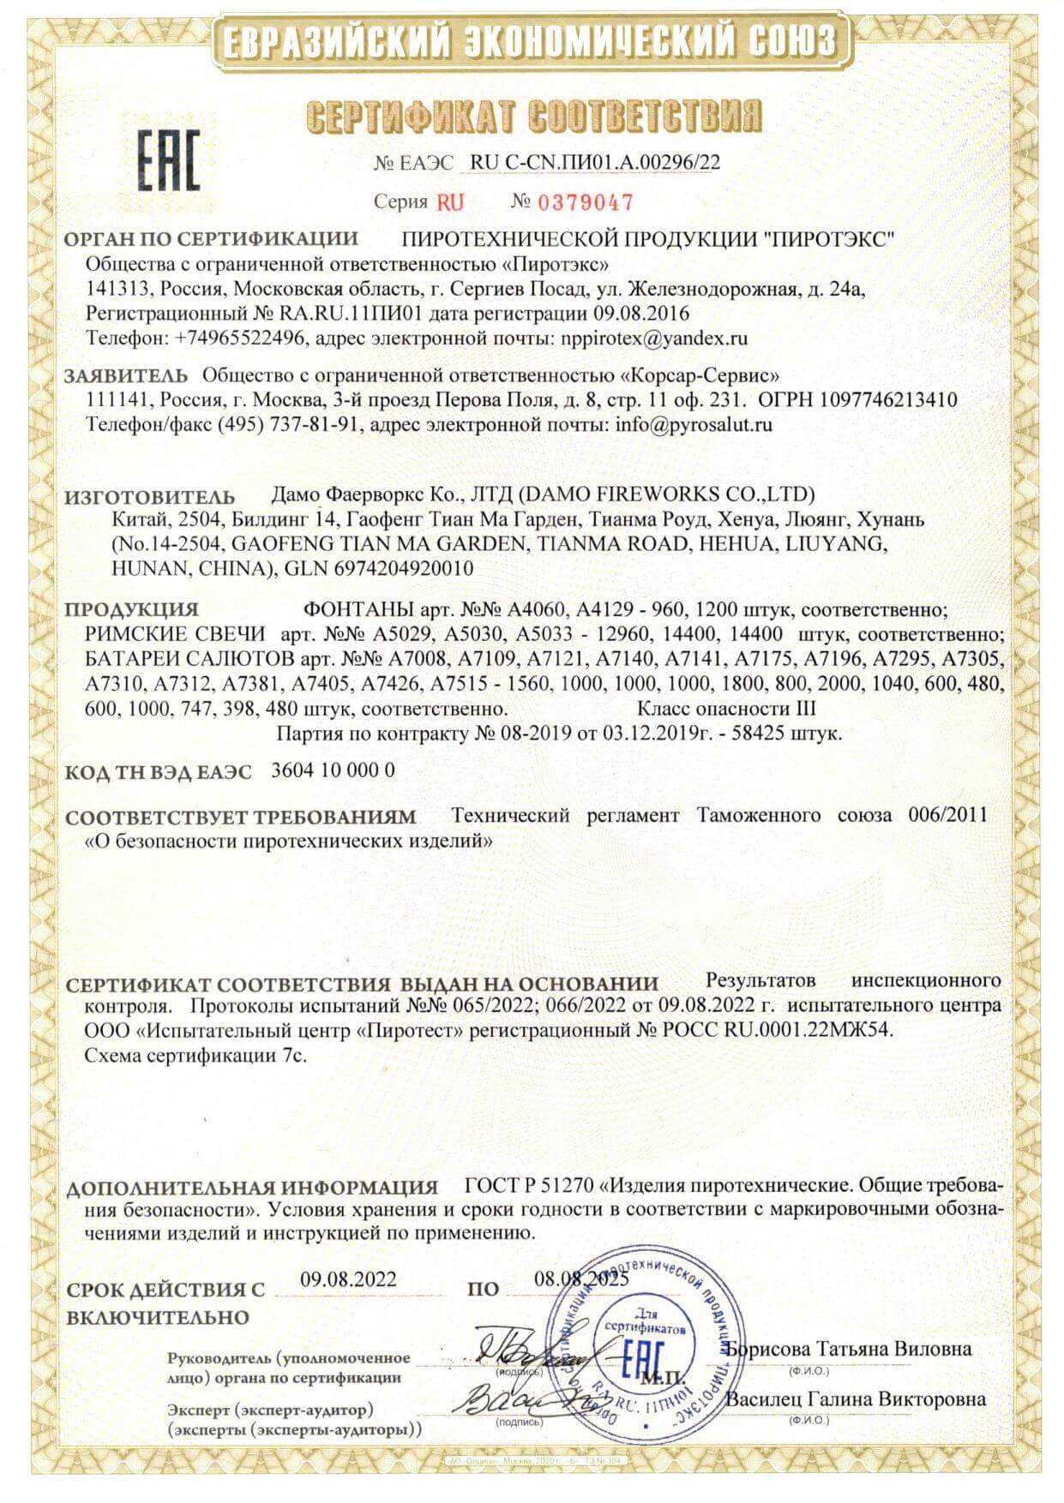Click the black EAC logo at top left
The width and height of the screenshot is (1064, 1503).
point(169,160)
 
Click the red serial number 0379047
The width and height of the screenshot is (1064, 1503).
point(585,202)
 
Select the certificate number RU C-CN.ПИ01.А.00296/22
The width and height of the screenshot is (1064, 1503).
point(595,163)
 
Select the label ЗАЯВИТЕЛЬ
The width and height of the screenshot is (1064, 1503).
point(126,375)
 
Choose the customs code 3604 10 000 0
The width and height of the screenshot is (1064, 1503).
point(333,770)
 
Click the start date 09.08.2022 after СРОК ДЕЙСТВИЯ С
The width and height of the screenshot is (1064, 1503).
point(348,1280)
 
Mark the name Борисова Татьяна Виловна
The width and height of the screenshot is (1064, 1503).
point(849,1350)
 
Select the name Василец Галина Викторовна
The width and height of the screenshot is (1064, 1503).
point(856,1400)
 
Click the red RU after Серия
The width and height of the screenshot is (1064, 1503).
point(450,203)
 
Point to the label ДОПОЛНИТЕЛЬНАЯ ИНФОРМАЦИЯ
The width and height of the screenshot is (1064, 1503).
point(252,1189)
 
